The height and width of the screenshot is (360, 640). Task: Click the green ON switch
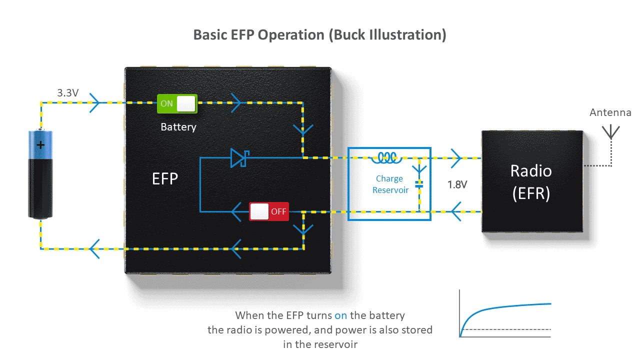click(177, 103)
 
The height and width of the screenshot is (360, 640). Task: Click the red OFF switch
click(269, 211)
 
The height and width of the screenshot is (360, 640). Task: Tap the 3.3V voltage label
click(68, 92)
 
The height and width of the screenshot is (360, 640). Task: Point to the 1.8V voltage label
click(457, 184)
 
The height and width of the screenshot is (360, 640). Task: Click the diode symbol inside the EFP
click(238, 157)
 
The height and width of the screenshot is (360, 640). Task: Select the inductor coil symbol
click(386, 158)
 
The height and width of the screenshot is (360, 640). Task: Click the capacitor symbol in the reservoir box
click(419, 184)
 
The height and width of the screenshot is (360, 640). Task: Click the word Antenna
click(610, 112)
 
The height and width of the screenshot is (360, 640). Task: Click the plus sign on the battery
click(40, 145)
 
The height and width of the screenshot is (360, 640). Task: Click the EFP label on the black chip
click(165, 178)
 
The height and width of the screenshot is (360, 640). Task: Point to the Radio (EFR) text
click(531, 182)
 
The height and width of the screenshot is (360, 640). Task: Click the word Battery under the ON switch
click(178, 127)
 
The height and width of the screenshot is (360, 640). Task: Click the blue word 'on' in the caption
click(340, 315)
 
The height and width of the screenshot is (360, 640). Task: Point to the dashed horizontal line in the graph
click(505, 329)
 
